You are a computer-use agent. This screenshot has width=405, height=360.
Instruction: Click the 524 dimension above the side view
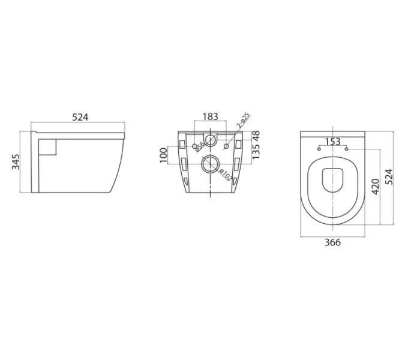(x=80, y=118)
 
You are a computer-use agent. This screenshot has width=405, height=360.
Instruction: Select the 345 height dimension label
(x=16, y=162)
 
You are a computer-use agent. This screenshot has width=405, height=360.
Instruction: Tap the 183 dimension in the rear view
(x=210, y=117)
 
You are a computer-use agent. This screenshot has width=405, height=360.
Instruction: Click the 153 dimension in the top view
(x=332, y=141)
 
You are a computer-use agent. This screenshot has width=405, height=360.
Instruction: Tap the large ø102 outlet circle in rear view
(x=211, y=163)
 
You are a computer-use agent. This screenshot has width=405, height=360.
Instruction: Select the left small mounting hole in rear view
(x=194, y=146)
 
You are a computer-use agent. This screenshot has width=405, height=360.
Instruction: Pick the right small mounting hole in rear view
(x=226, y=146)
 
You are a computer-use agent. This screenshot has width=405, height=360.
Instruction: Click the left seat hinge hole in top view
(x=318, y=148)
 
